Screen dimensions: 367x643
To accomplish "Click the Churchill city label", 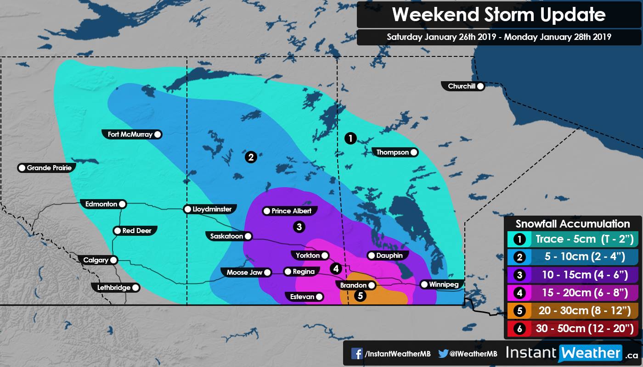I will [x=461, y=86].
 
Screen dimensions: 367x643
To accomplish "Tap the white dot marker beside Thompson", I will [x=414, y=152].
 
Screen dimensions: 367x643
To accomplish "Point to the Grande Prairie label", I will [x=49, y=168].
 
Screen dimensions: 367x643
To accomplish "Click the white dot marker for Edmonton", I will [x=122, y=204].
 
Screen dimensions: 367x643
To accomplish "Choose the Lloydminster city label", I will [x=212, y=209].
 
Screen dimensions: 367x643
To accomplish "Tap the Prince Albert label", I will [x=291, y=211].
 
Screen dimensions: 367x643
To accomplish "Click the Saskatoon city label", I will [x=226, y=236].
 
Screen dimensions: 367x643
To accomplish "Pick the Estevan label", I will [x=302, y=297].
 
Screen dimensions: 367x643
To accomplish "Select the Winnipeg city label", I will [x=443, y=284].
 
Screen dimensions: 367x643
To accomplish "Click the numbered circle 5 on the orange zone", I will [x=361, y=296].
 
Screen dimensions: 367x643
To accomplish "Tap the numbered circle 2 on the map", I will [x=251, y=157].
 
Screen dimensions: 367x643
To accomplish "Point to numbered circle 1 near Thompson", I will [x=350, y=138].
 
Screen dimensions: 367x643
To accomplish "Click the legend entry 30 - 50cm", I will [x=585, y=328].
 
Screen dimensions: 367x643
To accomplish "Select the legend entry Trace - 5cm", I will [x=585, y=239].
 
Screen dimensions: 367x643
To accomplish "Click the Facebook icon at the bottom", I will [x=357, y=354].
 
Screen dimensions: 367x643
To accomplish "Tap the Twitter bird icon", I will [x=443, y=354].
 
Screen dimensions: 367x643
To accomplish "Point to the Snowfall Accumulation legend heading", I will [x=573, y=224].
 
